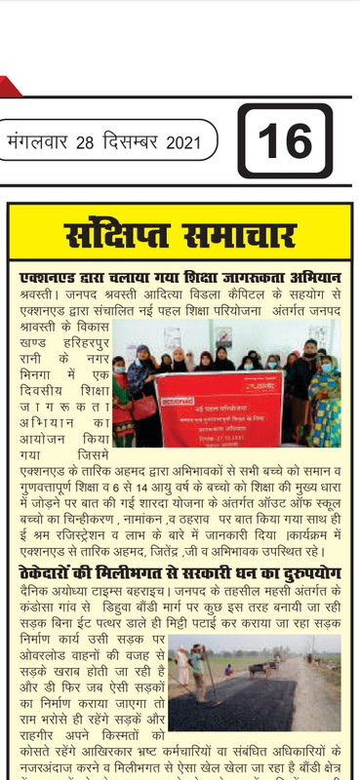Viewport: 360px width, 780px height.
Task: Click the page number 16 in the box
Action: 284,141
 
